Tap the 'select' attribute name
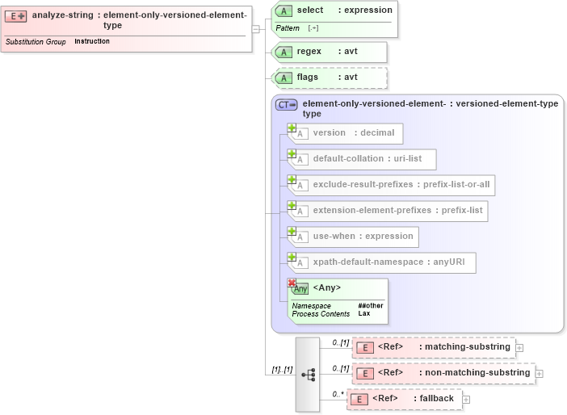[x=310, y=10]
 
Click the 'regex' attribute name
[x=309, y=51]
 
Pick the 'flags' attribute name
[x=308, y=77]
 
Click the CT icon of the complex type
[x=287, y=104]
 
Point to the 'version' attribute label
[x=329, y=132]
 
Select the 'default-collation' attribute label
[x=347, y=158]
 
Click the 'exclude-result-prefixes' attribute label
[x=364, y=184]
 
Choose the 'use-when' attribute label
[x=334, y=236]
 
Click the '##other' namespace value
[x=371, y=305]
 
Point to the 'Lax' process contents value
[x=364, y=313]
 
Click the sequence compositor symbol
[x=309, y=375]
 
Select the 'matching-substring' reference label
[x=467, y=346]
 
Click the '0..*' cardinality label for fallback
[x=338, y=395]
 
